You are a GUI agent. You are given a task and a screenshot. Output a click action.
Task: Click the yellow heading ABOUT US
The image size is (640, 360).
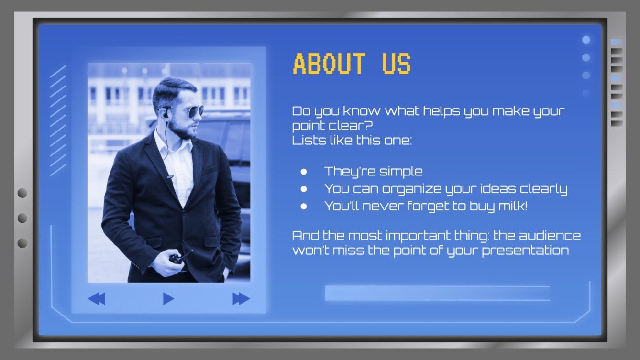(352, 64)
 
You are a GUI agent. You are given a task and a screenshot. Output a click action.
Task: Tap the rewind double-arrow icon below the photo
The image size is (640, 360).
(96, 299)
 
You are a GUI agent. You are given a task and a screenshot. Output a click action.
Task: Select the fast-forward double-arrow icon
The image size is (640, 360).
(241, 299)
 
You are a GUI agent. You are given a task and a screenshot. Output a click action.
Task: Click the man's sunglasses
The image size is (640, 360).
(189, 112)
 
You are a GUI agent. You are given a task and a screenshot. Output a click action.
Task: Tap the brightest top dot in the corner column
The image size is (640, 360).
(586, 40)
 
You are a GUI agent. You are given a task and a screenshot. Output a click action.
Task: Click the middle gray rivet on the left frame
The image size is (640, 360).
(22, 218)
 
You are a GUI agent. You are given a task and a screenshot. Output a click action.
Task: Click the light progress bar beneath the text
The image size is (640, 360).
(437, 293)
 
